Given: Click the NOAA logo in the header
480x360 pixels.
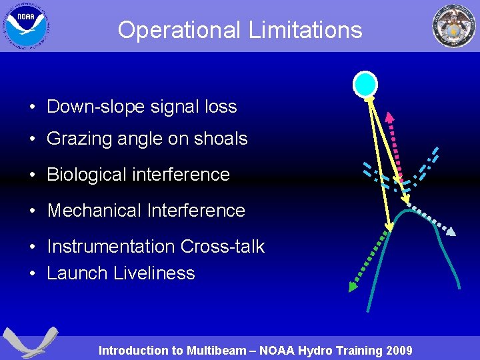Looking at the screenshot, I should pyautogui.click(x=27, y=25).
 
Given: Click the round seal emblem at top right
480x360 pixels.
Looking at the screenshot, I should pyautogui.click(x=453, y=26).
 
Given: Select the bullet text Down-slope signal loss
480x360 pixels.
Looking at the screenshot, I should pyautogui.click(x=141, y=106).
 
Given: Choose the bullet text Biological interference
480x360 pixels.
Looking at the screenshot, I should pyautogui.click(x=138, y=175).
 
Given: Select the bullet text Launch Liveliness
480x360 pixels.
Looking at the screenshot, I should pyautogui.click(x=121, y=273).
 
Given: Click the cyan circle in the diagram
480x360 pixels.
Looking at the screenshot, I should pyautogui.click(x=365, y=85).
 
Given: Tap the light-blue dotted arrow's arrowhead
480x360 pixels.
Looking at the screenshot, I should pyautogui.click(x=451, y=232).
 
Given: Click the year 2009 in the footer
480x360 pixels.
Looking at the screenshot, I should pyautogui.click(x=399, y=350).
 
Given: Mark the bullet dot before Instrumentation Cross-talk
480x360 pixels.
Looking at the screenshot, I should pyautogui.click(x=33, y=247).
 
